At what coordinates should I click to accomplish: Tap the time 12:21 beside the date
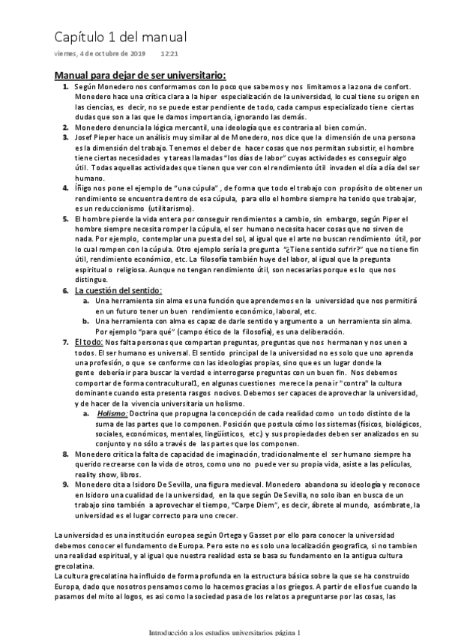click(x=169, y=54)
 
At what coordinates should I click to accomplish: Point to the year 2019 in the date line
click(x=136, y=54)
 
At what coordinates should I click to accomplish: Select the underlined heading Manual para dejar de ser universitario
click(x=140, y=76)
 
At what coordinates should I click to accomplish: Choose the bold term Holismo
click(x=112, y=413)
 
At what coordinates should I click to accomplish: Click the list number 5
click(x=64, y=217)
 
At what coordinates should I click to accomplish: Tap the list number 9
click(x=64, y=483)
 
